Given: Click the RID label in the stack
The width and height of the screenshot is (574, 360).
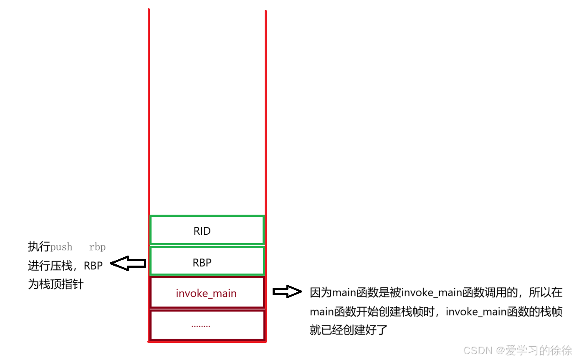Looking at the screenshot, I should tap(202, 231).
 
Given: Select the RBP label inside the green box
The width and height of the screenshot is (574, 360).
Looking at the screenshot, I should tap(202, 263).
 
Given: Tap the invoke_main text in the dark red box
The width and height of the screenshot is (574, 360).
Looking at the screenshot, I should tap(206, 294).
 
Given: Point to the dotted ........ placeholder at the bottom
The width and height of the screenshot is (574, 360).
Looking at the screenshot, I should tap(201, 325).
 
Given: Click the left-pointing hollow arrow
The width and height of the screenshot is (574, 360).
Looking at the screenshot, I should tap(128, 263).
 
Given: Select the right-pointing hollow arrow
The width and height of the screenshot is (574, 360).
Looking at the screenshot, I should tap(287, 292).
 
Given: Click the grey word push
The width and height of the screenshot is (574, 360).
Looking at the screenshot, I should tap(61, 247).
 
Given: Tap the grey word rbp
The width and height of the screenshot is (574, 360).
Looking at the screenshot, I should tap(97, 247).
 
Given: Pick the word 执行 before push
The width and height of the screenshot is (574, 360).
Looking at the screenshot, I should tap(39, 247).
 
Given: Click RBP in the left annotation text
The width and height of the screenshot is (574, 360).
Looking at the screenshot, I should tap(93, 266).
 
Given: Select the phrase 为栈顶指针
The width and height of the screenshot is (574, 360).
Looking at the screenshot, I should tap(56, 284).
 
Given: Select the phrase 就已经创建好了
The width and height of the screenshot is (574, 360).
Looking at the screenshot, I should tap(349, 330).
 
